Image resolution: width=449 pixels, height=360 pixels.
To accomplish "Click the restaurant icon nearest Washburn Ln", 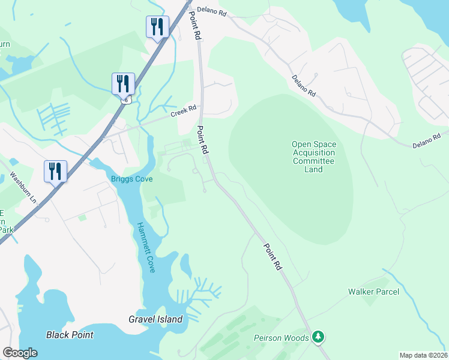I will [55, 171].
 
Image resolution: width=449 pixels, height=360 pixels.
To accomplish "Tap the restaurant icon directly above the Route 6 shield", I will [123, 83].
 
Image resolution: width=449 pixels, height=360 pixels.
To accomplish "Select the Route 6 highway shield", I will [125, 100].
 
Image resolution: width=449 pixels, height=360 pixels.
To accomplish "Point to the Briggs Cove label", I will [131, 179].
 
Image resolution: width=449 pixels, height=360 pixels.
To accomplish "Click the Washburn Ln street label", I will [23, 187].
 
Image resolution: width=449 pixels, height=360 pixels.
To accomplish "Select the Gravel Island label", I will [155, 319].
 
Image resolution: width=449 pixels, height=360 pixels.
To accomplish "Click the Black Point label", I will [70, 335].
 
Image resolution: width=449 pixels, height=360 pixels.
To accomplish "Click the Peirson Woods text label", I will [281, 338].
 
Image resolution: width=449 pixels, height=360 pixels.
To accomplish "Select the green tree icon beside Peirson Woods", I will [319, 338].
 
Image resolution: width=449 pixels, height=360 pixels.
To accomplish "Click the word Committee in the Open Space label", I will [313, 161].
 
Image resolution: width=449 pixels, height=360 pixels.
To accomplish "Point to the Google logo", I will [20, 353].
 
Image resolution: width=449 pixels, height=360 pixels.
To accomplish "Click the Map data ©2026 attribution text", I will [423, 355].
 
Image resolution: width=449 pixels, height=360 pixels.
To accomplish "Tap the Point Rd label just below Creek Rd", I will [203, 139].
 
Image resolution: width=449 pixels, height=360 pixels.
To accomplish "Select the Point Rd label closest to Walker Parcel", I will [272, 256].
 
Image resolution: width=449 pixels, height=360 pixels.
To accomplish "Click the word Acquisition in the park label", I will [313, 152].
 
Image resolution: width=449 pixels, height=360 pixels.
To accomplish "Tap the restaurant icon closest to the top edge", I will [157, 26].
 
